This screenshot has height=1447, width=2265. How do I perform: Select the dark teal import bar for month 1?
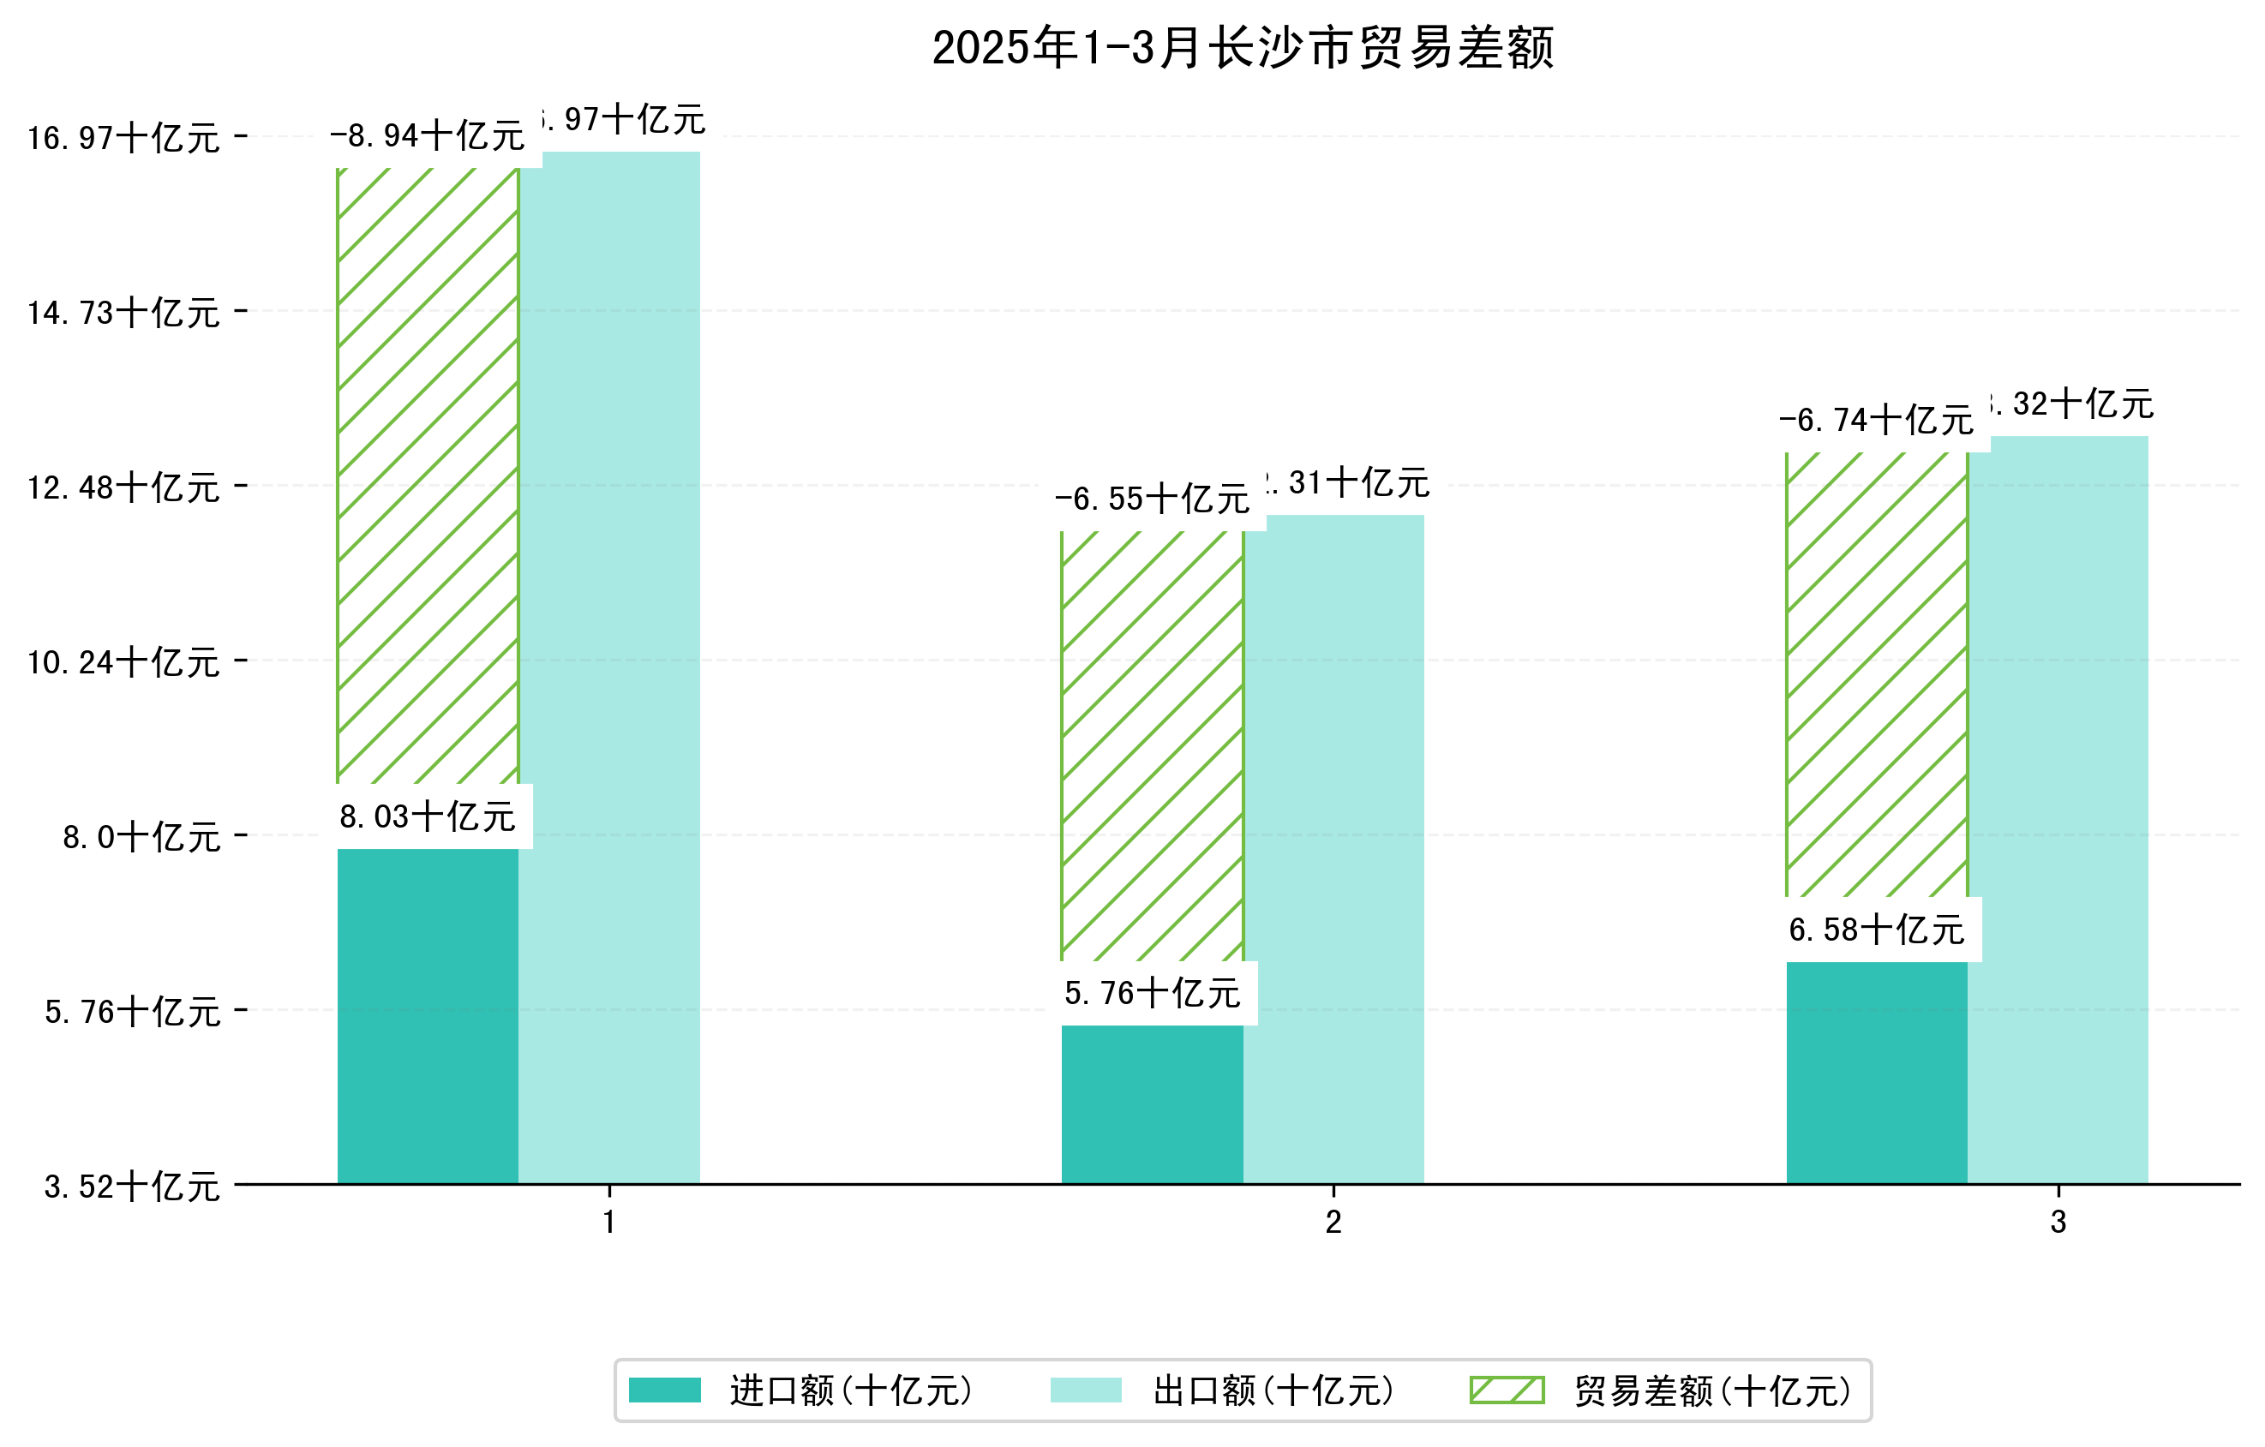[x=427, y=1015]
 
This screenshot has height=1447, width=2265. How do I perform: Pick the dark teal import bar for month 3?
[x=1877, y=1072]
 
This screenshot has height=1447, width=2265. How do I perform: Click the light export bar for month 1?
[x=609, y=667]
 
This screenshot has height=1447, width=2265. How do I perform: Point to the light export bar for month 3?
[x=2058, y=810]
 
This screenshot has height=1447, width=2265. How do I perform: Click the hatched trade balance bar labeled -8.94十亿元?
[x=427, y=475]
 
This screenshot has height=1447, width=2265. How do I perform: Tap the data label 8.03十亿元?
[x=427, y=816]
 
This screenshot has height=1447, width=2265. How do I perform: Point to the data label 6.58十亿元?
[x=1877, y=929]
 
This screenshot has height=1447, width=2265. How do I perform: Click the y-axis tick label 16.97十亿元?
[x=123, y=138]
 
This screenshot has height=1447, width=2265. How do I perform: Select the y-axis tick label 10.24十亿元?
[x=123, y=662]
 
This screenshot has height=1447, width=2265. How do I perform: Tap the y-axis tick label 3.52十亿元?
[x=132, y=1187]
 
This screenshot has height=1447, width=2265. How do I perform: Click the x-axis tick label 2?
[x=1333, y=1222]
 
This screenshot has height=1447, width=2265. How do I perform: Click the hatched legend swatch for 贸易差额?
[x=1507, y=1390]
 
